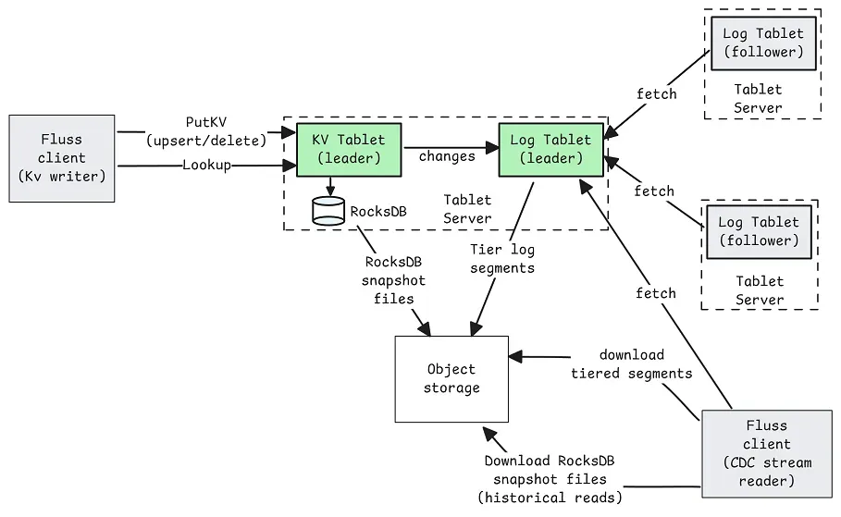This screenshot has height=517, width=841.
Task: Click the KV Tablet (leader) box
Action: pos(348,149)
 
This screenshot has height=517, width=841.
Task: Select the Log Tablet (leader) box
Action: pos(550,149)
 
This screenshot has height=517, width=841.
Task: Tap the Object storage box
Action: pos(451,378)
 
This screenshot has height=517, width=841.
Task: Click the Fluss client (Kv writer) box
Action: pos(62,158)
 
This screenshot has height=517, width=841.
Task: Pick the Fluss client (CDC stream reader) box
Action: pos(766,453)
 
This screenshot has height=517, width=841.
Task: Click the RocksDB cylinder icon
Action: pos(328,210)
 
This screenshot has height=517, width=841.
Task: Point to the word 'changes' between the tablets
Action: pos(447,156)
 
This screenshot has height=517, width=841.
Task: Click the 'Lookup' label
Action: pos(206,165)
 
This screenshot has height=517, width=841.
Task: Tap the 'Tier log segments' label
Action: pos(502,259)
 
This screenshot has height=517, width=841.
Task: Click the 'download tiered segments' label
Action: pos(631,364)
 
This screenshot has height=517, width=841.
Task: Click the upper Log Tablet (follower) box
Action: pos(763,43)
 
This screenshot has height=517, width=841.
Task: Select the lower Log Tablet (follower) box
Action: pos(759,231)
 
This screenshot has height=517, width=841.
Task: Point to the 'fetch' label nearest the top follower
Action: pos(657,94)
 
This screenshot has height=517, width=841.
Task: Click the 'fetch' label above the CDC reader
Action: pos(656,293)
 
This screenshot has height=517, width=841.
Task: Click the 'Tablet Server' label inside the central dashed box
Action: pos(467,209)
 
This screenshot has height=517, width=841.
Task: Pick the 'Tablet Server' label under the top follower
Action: pos(758,98)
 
